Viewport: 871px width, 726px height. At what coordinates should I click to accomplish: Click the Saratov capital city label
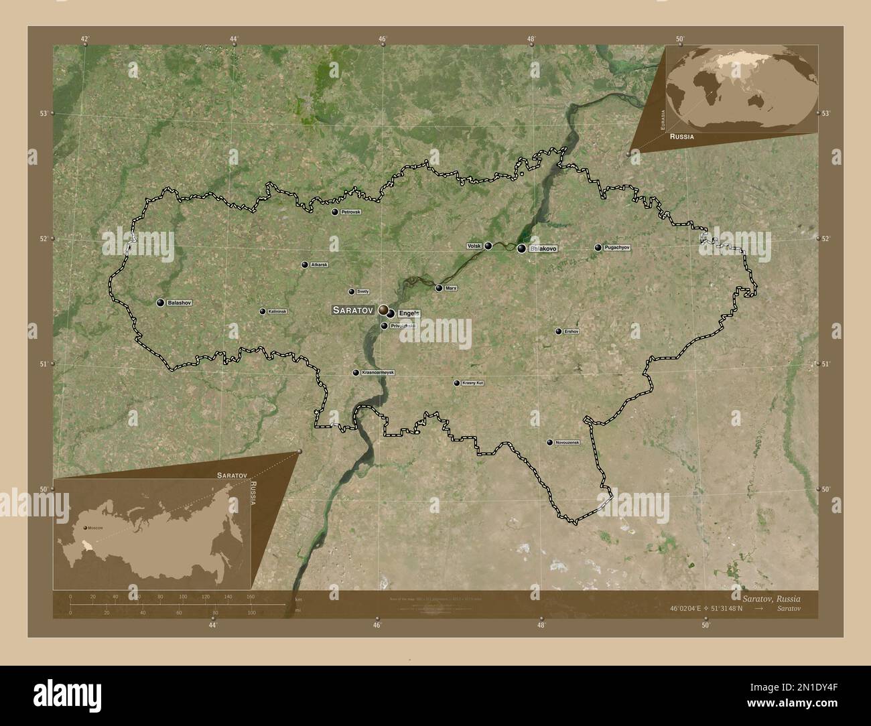[x=352, y=310]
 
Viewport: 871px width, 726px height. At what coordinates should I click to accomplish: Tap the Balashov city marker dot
[x=161, y=303]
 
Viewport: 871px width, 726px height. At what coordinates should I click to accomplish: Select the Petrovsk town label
[x=350, y=212]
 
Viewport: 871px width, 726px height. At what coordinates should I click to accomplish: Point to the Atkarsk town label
[x=320, y=265]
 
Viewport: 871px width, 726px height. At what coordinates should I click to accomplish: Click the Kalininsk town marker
[x=263, y=311]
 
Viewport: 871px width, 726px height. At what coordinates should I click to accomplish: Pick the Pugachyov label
[x=617, y=248]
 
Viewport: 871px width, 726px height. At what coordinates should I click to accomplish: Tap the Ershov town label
[x=571, y=331]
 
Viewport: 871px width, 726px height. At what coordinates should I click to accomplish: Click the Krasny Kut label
[x=472, y=383]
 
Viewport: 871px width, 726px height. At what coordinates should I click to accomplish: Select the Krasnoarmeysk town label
[x=378, y=372]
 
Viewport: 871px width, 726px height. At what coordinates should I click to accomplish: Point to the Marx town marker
[x=439, y=289]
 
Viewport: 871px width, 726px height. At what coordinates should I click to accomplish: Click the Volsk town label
[x=474, y=246]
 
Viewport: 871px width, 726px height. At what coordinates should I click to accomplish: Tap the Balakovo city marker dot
[x=521, y=249]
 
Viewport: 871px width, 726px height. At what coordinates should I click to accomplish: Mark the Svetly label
[x=362, y=291]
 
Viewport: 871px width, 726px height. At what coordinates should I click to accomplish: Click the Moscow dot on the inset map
[x=85, y=528]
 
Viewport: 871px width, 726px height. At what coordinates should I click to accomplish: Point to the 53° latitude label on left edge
[x=43, y=113]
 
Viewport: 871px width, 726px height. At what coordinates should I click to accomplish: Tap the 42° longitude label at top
[x=85, y=39]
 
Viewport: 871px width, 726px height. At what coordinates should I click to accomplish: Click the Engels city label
[x=409, y=313]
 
